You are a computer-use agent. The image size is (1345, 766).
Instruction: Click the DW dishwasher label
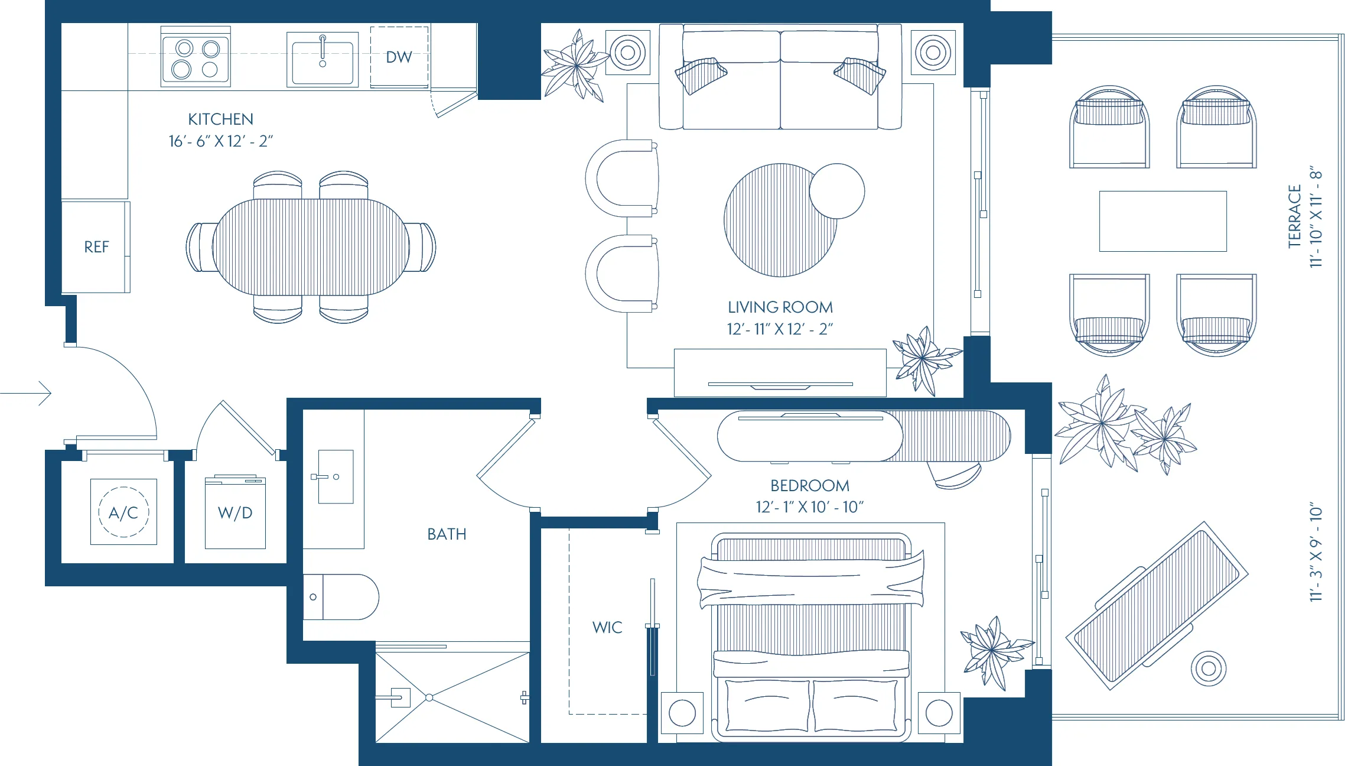399,57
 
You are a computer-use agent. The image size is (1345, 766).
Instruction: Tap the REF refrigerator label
96,247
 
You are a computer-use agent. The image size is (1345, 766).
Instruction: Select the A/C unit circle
123,512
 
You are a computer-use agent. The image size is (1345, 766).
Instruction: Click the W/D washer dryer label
235,513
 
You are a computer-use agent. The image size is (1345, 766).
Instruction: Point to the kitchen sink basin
323,61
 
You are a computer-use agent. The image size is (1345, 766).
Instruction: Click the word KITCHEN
220,119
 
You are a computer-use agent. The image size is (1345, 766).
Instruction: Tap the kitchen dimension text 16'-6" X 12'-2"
220,141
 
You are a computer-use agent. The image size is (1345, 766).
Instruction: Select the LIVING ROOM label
780,307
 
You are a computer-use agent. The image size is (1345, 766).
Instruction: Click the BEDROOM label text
809,486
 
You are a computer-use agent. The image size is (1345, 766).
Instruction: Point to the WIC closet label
607,628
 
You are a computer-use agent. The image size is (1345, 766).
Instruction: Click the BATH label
447,534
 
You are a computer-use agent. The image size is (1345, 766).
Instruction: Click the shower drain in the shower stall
429,698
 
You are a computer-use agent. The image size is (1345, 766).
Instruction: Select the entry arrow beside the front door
27,394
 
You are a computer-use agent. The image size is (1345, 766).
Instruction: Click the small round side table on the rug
836,191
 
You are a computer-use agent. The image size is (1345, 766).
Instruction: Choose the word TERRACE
1295,216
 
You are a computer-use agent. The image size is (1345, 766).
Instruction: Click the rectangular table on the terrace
1162,221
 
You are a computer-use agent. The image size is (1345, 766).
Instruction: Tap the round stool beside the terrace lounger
1209,668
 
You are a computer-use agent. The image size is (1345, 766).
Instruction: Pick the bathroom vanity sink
336,476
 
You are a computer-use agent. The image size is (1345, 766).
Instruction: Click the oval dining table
311,247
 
